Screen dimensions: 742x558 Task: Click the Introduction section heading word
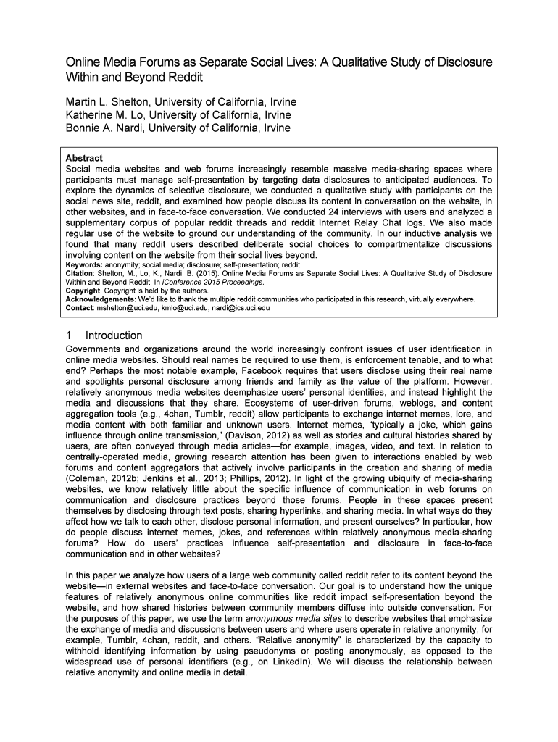point(114,335)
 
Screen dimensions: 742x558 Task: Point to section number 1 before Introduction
point(69,335)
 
